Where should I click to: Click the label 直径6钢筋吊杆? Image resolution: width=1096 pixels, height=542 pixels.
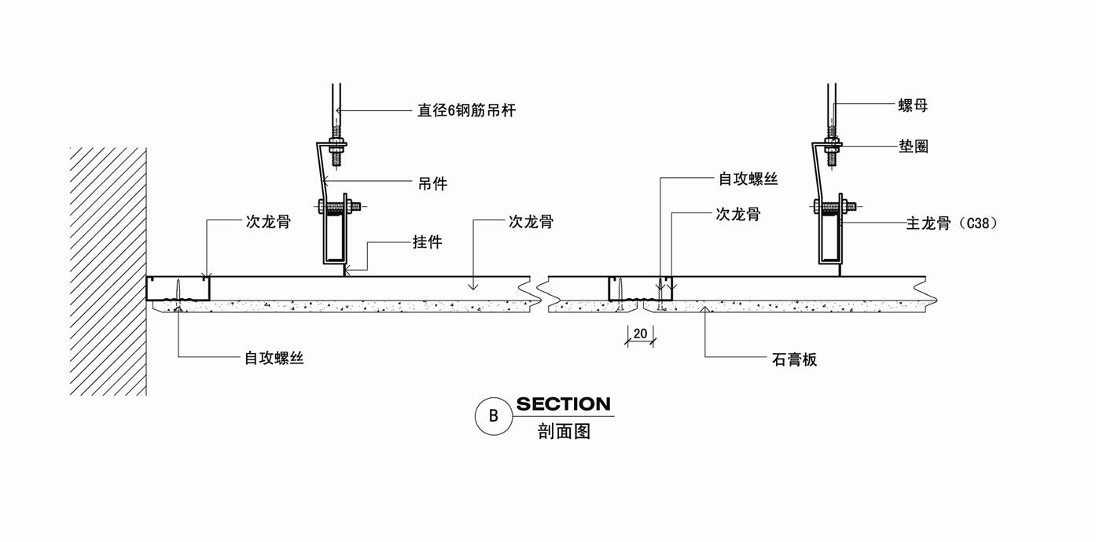tap(466, 111)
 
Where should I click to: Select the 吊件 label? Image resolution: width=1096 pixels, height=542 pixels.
tap(432, 184)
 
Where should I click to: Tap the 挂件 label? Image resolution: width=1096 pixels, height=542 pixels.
tap(428, 242)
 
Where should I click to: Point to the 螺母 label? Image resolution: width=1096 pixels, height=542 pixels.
tap(913, 105)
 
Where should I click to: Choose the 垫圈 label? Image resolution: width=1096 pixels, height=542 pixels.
tap(913, 146)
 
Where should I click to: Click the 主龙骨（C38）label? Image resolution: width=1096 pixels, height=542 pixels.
tap(951, 223)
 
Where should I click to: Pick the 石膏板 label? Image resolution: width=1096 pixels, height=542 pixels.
tap(794, 360)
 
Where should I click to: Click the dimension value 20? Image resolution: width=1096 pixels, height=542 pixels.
tap(640, 334)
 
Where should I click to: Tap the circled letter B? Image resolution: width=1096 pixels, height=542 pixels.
tap(494, 416)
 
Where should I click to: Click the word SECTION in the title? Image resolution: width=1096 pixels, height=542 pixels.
tap(563, 404)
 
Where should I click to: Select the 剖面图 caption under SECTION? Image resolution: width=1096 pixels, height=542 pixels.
tap(564, 431)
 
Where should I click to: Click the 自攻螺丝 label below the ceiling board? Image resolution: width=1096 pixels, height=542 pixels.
tap(274, 359)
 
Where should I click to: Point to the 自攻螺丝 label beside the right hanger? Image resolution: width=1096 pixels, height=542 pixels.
tap(748, 179)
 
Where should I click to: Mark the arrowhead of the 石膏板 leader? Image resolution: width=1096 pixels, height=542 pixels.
tap(706, 308)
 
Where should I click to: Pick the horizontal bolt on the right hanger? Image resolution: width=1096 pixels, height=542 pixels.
tap(835, 208)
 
